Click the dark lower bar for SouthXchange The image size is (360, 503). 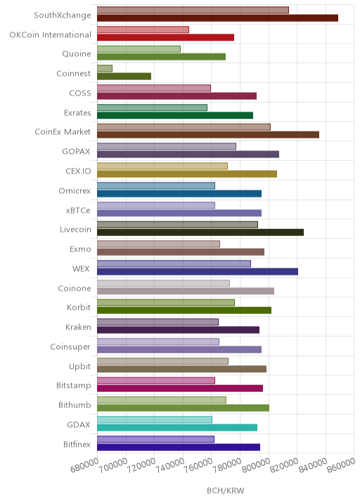pos(217,18)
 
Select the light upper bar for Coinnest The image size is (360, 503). pos(105,68)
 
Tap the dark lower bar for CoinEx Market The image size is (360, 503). pos(208,135)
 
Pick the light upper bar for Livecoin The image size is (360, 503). pos(177,225)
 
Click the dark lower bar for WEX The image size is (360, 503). pos(198,272)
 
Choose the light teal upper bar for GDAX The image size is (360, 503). pos(155,419)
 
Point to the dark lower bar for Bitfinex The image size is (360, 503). pos(179,448)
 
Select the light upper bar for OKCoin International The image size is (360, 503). pos(143,30)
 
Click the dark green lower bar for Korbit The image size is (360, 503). pos(184,311)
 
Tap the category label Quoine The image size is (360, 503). pos(77,53)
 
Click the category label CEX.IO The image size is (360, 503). pos(78,171)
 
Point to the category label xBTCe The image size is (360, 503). pos(78,211)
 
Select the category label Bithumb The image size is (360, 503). pos(75,405)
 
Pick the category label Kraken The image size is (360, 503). pos(78,327)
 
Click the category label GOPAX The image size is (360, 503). pos(76,152)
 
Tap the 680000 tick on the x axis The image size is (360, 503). pos(84,466)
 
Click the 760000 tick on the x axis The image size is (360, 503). pos(199,466)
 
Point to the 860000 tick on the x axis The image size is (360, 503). pos(342,466)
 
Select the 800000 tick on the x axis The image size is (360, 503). pos(256,466)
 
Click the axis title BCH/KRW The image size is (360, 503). pos(226,490)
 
